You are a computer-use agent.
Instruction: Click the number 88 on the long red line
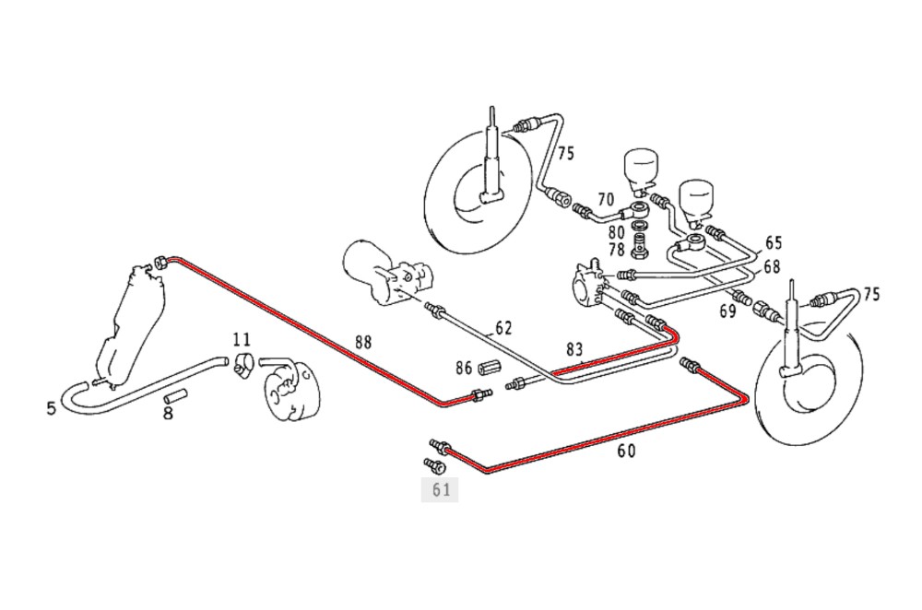[364, 341]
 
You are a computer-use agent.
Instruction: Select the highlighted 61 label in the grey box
[440, 489]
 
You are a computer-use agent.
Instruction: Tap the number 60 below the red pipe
[626, 451]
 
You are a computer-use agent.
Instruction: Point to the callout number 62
[502, 327]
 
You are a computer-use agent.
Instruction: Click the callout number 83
[574, 349]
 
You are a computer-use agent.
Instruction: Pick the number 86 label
[463, 367]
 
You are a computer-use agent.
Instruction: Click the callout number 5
[52, 406]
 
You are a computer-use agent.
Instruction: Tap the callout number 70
[605, 198]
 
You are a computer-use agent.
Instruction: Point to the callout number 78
[616, 249]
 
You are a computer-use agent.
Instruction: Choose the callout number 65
[773, 243]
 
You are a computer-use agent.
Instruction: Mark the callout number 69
[727, 311]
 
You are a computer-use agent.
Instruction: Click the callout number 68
[772, 267]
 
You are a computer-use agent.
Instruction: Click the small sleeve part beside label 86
[488, 368]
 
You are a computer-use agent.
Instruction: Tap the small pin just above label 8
[175, 398]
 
